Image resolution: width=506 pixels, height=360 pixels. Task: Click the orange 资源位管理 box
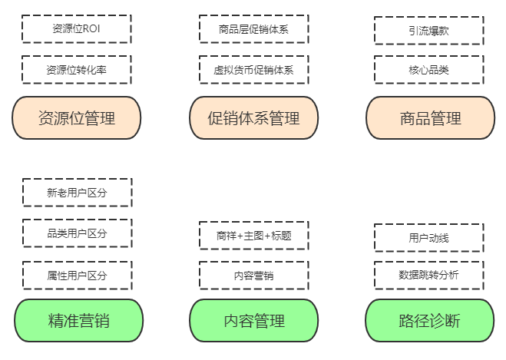[x=76, y=118]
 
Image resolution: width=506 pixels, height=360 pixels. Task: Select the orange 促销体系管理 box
[x=253, y=118]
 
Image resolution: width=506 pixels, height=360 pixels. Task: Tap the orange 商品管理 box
[x=430, y=118]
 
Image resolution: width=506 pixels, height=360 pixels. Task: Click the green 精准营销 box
[x=78, y=320]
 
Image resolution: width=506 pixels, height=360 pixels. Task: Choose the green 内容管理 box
[x=253, y=320]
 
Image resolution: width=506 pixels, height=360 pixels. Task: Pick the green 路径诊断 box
[x=430, y=320]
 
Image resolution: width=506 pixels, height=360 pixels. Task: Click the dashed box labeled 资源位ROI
[x=76, y=28]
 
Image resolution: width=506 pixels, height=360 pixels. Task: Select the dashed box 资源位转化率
[x=76, y=69]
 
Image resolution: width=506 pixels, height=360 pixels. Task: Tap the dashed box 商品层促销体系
[x=253, y=30]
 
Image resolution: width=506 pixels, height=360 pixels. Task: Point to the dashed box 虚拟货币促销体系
[x=253, y=70]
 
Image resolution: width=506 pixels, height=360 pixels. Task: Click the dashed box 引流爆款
[x=428, y=31]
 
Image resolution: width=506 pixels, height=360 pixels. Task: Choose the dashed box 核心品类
[x=428, y=70]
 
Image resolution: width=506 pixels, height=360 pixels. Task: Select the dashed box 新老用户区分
[x=77, y=193]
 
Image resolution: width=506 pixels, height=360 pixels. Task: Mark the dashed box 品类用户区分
[x=77, y=233]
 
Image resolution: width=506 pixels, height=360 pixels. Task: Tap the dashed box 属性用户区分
[x=77, y=275]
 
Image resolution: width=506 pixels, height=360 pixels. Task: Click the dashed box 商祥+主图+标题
[x=253, y=236]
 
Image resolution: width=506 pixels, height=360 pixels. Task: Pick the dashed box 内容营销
[x=253, y=275]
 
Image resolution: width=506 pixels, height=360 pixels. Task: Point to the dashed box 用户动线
[x=428, y=237]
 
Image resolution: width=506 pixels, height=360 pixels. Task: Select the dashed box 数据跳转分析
[x=428, y=275]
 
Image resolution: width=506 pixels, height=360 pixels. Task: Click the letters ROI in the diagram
[x=92, y=28]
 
